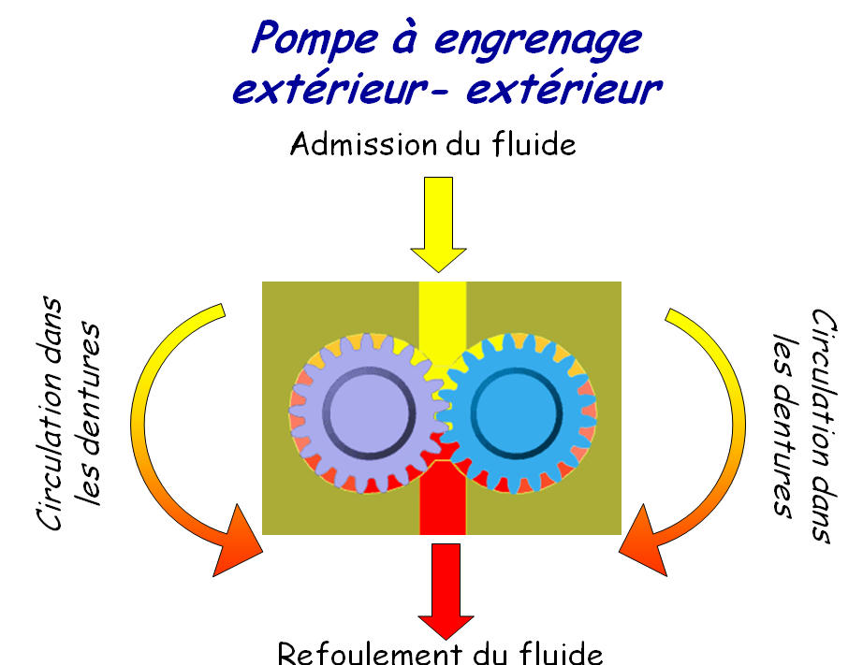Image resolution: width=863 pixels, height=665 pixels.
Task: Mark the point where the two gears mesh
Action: tap(441, 412)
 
